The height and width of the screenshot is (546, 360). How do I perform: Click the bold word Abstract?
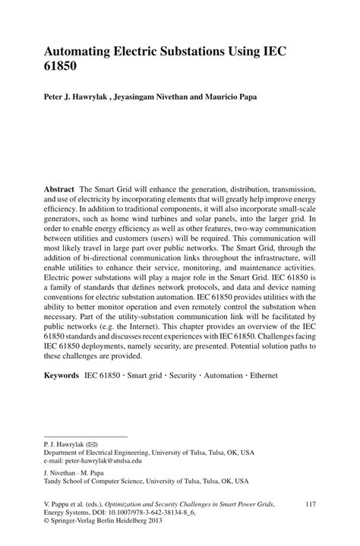tap(61, 188)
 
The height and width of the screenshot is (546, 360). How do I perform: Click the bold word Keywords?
tap(62, 375)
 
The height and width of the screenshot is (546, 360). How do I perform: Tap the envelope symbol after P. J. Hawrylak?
tap(91, 443)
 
